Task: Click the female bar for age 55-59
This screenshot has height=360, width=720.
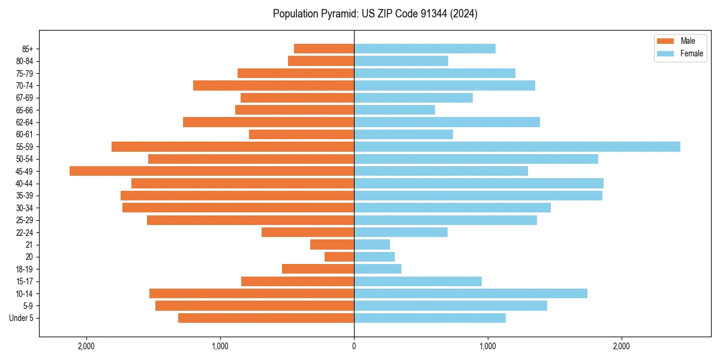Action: [517, 147]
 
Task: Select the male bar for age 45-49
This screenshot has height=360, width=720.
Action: [212, 171]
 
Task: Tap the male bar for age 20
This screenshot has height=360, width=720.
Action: [340, 257]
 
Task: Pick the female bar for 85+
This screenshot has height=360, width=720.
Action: [425, 49]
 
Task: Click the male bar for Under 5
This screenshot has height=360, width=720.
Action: [266, 318]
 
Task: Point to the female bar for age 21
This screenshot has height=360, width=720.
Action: [372, 245]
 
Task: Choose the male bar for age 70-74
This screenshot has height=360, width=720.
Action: [274, 86]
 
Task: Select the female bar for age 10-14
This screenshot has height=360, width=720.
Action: [470, 293]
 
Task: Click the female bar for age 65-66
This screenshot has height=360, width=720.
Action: [394, 110]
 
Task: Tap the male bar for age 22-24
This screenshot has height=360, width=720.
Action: [308, 232]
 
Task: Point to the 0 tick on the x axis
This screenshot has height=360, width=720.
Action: [354, 346]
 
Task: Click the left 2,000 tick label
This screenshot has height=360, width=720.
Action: [86, 346]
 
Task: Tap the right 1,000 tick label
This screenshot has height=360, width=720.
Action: [488, 346]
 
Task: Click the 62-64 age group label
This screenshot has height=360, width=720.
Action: [25, 122]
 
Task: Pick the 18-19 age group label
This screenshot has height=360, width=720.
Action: [25, 269]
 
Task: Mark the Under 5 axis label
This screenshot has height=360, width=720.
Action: [22, 318]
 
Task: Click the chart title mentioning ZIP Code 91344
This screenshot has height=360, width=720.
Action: [375, 14]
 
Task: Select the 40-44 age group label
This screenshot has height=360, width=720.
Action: [25, 184]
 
